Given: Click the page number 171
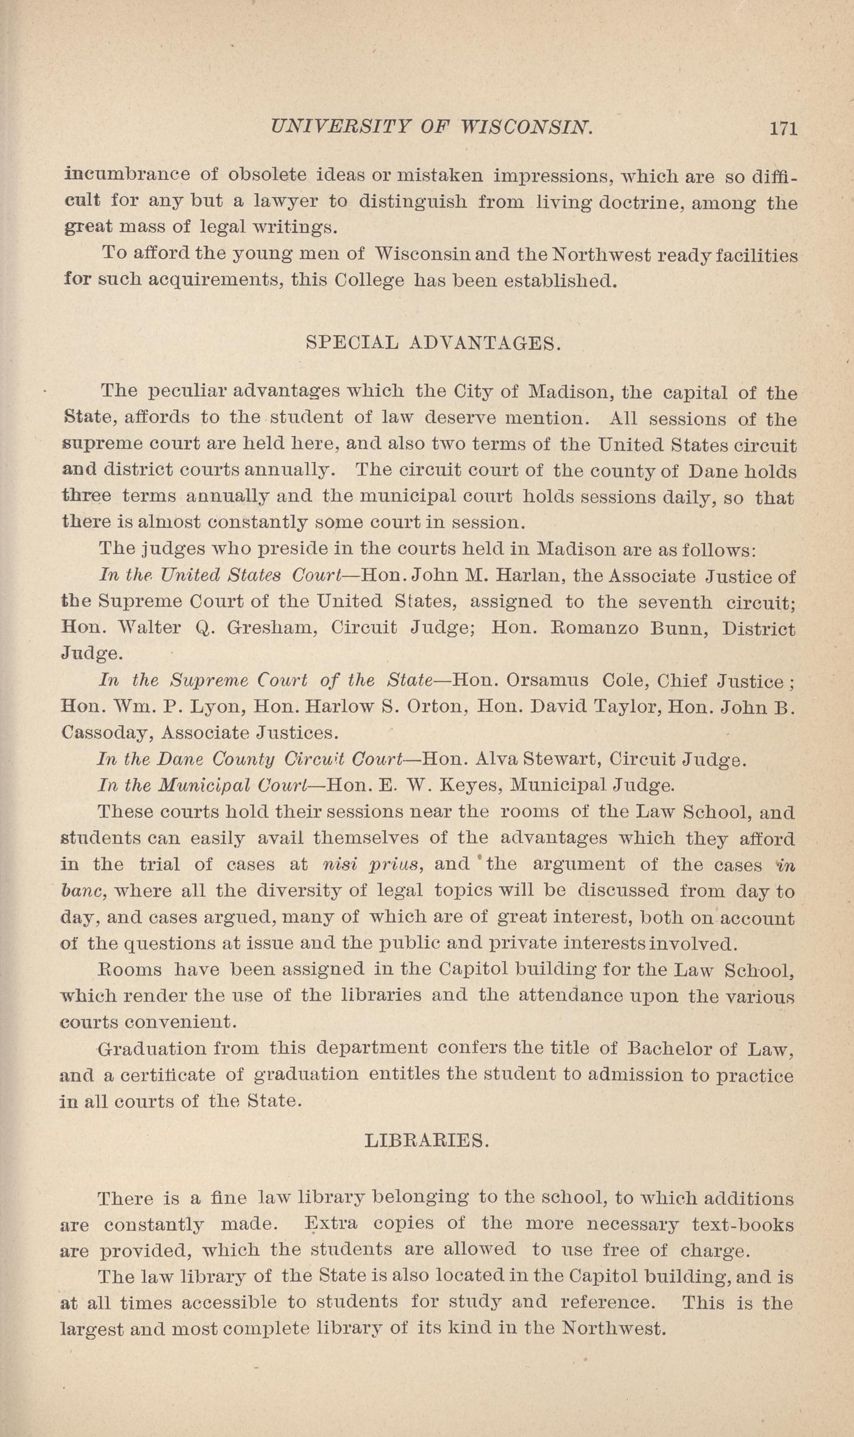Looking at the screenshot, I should coord(783,129).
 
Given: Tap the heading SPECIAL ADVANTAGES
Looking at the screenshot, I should coord(433,343).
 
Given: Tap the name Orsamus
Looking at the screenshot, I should coord(547,680).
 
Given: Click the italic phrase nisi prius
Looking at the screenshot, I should coord(372,864).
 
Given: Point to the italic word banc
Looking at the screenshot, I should coord(83,891).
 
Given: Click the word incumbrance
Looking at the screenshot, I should coord(127,175).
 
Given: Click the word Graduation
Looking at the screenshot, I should coord(152,1048).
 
